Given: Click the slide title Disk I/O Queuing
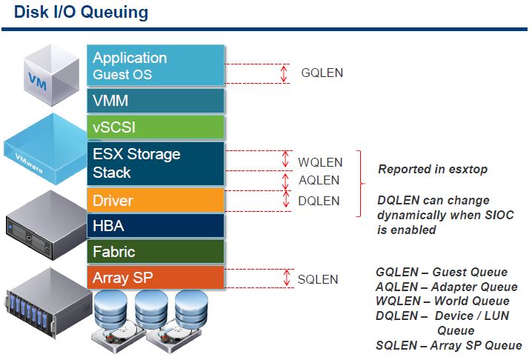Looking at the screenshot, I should click(81, 13).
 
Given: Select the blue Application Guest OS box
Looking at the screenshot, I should click(156, 65).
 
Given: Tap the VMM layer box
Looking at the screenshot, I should click(156, 100).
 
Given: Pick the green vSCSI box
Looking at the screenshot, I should click(156, 126).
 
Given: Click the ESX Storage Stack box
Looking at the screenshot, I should click(156, 163).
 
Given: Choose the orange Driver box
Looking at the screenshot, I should click(156, 200).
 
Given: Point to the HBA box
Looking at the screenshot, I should click(156, 225).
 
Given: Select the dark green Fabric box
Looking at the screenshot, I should click(156, 252).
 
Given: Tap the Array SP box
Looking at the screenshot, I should click(156, 278).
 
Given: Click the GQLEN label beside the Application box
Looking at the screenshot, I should click(322, 73).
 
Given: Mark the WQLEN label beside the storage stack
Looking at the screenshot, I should click(320, 162).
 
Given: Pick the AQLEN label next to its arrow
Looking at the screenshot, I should click(319, 180).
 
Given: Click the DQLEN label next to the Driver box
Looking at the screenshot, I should click(319, 201).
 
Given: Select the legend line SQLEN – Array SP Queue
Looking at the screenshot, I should click(448, 345).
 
